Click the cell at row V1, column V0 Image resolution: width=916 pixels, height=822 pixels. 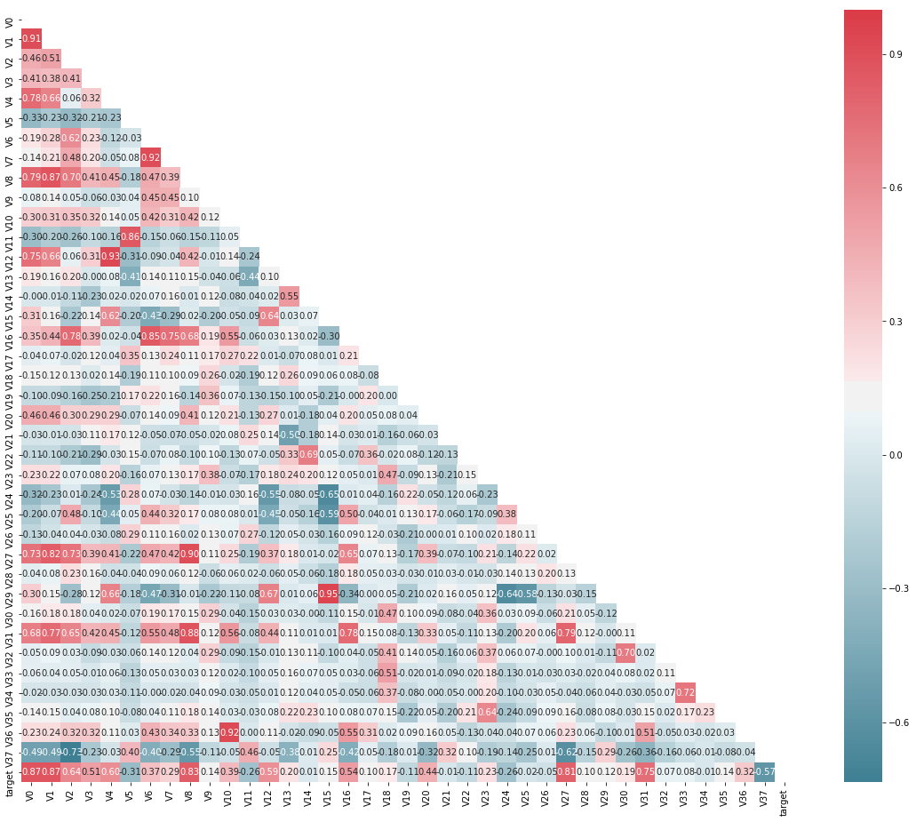[x=31, y=39]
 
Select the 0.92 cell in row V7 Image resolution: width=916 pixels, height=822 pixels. [x=151, y=156]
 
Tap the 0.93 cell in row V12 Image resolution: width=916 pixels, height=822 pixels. [x=111, y=256]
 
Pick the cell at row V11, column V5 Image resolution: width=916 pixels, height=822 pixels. [x=131, y=236]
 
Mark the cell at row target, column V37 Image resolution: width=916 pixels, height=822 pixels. [x=769, y=770]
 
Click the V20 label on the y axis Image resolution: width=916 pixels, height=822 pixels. [x=9, y=414]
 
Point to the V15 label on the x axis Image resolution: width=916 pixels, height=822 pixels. [x=331, y=797]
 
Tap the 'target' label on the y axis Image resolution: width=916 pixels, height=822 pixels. [x=9, y=770]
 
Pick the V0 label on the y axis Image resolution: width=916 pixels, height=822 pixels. [x=9, y=20]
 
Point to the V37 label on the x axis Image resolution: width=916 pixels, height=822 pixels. [x=769, y=797]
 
